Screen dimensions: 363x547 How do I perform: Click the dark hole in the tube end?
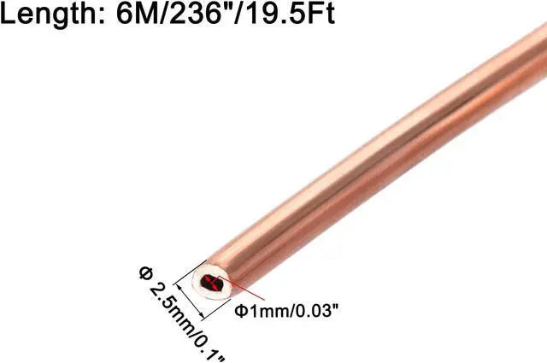pos(209,283)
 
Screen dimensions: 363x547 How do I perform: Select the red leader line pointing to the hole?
pos(225,290)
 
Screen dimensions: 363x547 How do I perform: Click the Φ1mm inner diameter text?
pos(261,310)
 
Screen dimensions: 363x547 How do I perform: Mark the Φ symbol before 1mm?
pos(240,310)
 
